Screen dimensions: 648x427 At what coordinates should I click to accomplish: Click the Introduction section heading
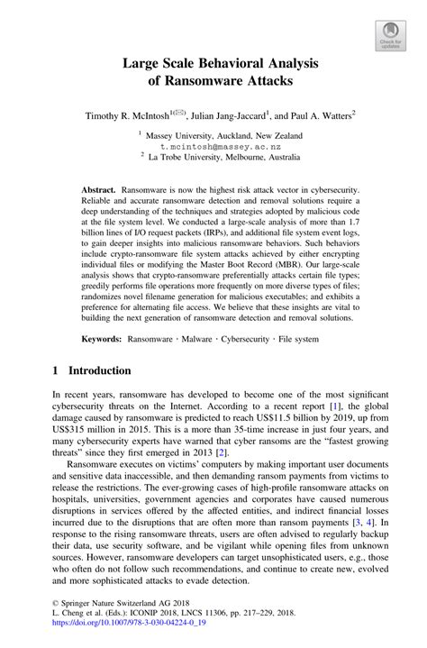pos(99,370)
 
